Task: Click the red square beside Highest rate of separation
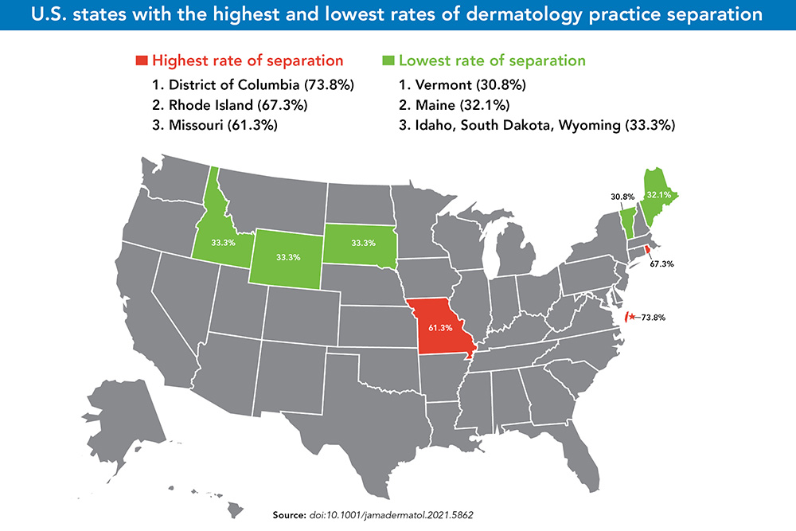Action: [x=142, y=61]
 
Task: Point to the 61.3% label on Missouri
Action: [x=439, y=327]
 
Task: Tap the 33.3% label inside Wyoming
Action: [x=287, y=257]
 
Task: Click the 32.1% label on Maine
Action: [x=657, y=193]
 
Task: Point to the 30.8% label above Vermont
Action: [x=611, y=196]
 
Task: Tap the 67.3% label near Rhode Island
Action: [x=661, y=263]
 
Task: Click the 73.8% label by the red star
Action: [x=652, y=317]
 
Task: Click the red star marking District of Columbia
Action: [x=632, y=317]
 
